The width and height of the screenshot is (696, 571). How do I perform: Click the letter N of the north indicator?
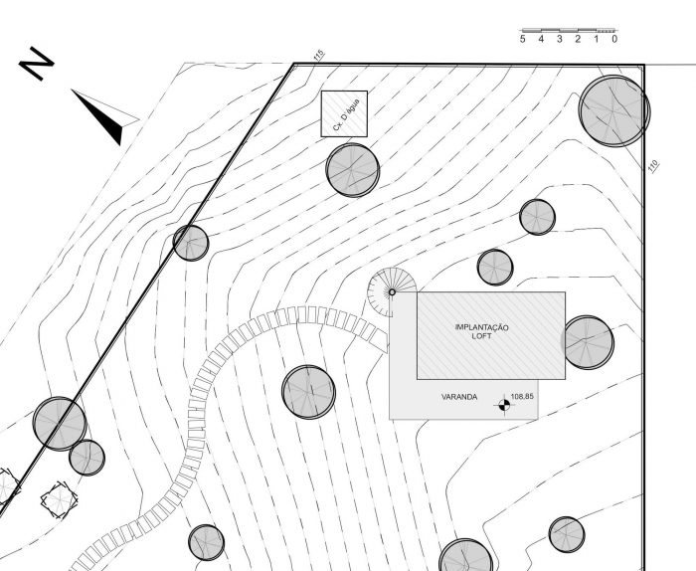click(36, 65)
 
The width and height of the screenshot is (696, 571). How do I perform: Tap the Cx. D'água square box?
click(344, 113)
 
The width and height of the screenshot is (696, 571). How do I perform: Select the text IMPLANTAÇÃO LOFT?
click(482, 332)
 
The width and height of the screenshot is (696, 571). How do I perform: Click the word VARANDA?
click(459, 398)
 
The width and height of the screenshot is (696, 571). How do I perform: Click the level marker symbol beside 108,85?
click(502, 404)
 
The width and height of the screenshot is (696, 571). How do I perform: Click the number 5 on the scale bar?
click(523, 39)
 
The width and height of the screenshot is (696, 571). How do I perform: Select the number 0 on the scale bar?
click(614, 39)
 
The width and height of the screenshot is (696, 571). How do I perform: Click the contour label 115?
click(318, 57)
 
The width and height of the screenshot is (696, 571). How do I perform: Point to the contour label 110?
click(653, 166)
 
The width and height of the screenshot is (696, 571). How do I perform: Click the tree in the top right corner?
click(614, 109)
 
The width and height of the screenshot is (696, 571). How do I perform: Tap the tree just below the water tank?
click(353, 169)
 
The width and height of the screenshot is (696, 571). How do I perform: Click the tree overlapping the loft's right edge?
click(588, 342)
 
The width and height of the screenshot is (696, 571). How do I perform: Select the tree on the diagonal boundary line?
click(191, 243)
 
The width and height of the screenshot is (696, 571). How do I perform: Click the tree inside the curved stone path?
click(308, 392)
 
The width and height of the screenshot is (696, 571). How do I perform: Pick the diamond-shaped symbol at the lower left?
click(57, 499)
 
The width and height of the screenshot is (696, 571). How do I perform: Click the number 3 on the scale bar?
click(560, 39)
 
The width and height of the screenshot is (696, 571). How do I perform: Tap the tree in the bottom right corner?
click(567, 534)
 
